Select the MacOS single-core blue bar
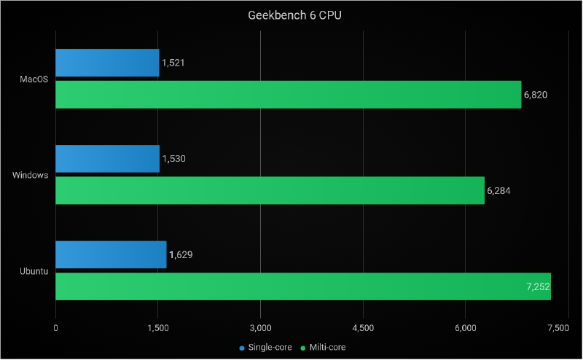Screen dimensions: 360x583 click(107, 63)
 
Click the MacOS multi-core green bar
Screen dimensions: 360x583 click(289, 95)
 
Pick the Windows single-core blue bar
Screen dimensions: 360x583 click(107, 159)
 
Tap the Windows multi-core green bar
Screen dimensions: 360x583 click(270, 190)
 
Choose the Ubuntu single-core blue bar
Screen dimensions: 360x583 click(111, 254)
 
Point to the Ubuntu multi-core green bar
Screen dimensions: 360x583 click(303, 286)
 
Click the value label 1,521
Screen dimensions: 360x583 click(173, 63)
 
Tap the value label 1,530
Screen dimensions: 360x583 click(174, 159)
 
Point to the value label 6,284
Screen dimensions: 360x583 click(498, 190)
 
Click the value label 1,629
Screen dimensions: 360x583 click(181, 254)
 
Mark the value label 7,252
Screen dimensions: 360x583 click(538, 286)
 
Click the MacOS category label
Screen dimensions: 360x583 click(34, 79)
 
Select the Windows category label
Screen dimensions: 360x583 click(31, 175)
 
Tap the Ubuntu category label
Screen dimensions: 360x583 click(34, 271)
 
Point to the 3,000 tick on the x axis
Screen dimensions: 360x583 click(260, 329)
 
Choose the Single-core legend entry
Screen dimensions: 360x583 click(265, 348)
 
